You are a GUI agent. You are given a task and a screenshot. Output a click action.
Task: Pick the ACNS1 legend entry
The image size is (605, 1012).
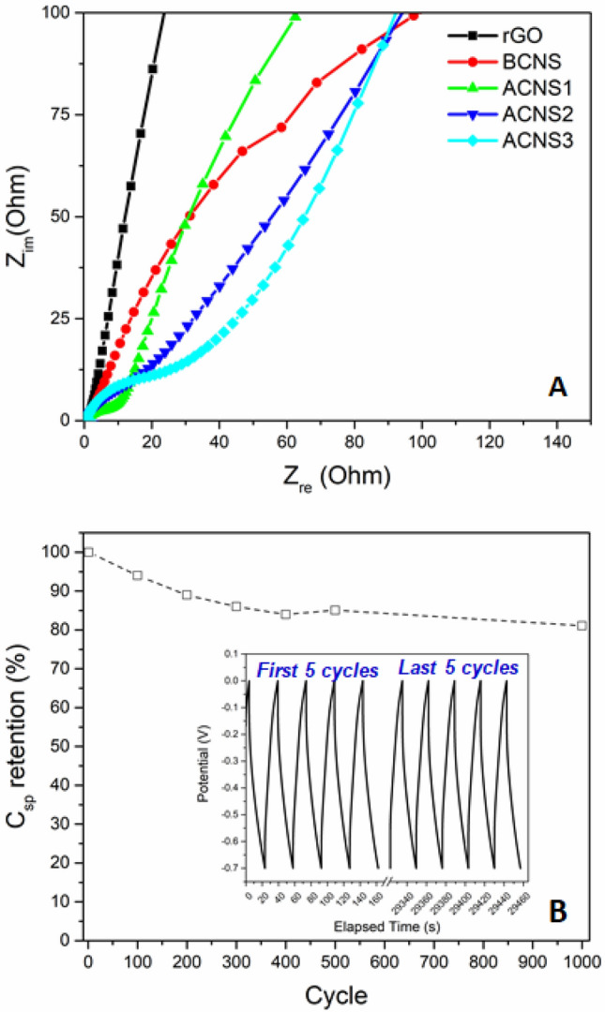pyautogui.click(x=514, y=88)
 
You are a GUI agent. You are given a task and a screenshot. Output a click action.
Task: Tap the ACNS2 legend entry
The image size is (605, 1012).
pyautogui.click(x=514, y=114)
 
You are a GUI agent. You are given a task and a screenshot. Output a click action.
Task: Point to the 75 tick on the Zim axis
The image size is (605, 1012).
pyautogui.click(x=62, y=114)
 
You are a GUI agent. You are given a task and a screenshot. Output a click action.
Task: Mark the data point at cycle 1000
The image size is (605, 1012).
pyautogui.click(x=582, y=625)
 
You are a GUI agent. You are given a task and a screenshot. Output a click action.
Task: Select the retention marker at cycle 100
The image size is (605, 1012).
pyautogui.click(x=138, y=575)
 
